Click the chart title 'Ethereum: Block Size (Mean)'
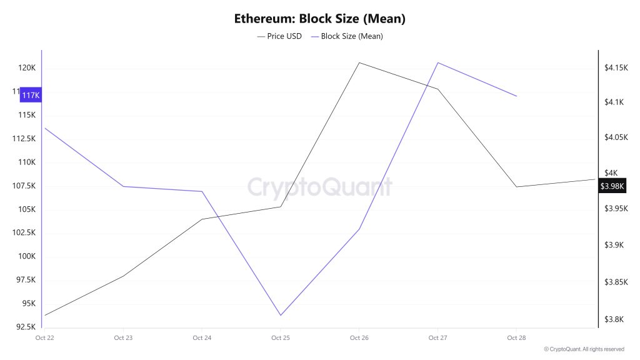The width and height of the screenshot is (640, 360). tap(319, 18)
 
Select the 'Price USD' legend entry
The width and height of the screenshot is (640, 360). tap(279, 36)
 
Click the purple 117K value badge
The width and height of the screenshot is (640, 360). tap(30, 96)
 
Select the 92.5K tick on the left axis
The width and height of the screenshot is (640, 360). tap(26, 327)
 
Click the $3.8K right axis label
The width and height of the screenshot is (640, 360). tap(615, 319)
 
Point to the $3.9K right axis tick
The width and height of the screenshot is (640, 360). tap(615, 245)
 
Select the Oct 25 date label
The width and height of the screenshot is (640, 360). tap(280, 338)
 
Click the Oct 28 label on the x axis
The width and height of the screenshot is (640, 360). tap(516, 338)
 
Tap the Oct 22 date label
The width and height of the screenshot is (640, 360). tap(45, 338)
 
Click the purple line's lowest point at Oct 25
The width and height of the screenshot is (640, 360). tap(280, 315)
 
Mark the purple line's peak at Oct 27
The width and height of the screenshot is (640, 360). tap(437, 62)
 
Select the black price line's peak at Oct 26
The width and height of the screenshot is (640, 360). tap(359, 62)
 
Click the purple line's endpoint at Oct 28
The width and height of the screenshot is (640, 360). tap(516, 96)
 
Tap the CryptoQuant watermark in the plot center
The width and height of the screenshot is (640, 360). tap(319, 187)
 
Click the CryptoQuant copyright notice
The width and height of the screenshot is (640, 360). tap(584, 349)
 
